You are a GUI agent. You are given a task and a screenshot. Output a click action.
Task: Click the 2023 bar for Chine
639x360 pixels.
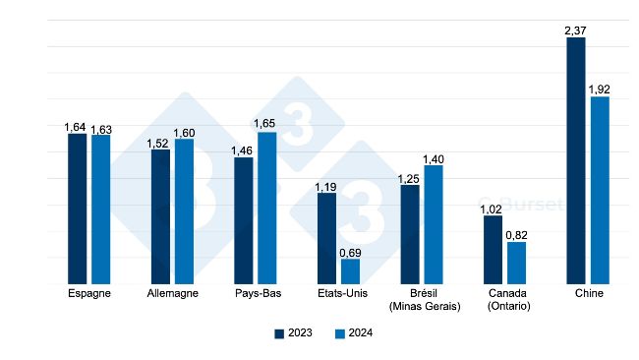[x=576, y=161]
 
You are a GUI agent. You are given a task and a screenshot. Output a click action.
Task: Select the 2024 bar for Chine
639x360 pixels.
[x=600, y=191]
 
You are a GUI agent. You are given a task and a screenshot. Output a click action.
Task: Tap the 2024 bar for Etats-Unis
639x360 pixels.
[x=350, y=271]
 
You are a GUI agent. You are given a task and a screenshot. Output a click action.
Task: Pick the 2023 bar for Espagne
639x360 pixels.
[x=77, y=210]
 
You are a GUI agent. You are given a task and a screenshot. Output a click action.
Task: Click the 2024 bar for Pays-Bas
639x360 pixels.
[x=266, y=209]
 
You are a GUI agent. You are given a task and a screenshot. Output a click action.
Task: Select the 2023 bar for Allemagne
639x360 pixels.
[x=160, y=217]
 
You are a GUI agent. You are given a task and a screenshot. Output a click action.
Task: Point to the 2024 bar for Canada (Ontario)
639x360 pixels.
[x=516, y=263]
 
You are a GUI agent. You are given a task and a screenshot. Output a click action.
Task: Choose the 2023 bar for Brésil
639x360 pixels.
[x=410, y=235]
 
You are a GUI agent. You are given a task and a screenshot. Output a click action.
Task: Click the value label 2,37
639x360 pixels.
[x=576, y=30]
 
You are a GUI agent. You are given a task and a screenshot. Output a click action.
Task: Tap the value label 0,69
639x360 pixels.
[x=350, y=253]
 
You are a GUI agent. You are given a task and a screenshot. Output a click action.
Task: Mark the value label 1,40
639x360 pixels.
[x=434, y=158]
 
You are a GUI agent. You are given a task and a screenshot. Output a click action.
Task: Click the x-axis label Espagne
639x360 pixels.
[x=88, y=294]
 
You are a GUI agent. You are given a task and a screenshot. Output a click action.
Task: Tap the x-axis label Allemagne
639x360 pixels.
[x=172, y=294]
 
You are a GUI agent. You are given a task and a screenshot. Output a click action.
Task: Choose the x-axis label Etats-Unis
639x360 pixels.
[x=338, y=294]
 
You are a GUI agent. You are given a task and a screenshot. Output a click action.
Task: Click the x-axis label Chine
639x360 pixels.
[x=588, y=294]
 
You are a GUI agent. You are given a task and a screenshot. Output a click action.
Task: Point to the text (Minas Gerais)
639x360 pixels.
[x=423, y=307]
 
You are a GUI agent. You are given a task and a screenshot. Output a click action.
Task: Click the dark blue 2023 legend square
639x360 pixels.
[x=279, y=333]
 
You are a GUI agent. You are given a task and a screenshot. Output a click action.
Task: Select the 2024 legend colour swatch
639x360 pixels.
[x=339, y=333]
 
